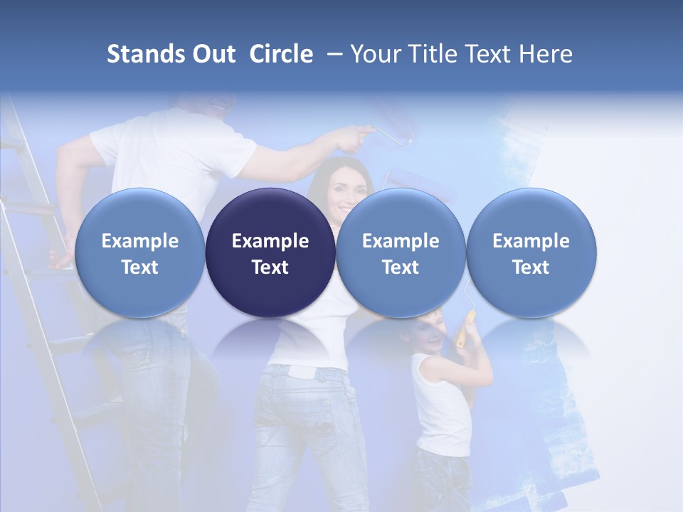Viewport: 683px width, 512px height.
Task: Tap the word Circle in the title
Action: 281,54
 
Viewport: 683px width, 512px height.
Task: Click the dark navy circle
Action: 270,252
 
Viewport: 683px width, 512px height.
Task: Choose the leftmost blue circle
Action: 139,252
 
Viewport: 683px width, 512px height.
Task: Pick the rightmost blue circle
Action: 531,252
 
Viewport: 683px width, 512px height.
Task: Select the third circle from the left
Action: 401,252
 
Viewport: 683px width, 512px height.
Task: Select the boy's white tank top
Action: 441,405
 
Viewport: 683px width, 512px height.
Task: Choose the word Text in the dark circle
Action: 270,267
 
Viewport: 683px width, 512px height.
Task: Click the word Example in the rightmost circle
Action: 531,241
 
